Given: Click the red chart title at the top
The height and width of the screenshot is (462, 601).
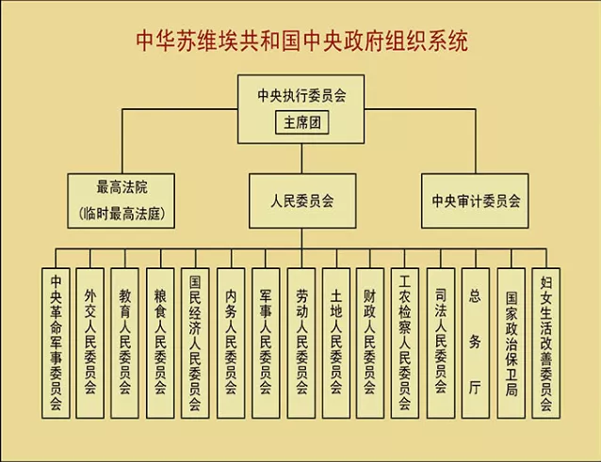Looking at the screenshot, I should [x=301, y=41].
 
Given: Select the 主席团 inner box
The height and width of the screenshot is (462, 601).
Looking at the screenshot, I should [x=301, y=123].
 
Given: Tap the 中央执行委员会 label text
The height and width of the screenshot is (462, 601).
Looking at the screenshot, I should [x=301, y=97].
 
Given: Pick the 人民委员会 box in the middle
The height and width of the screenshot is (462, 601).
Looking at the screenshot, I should [x=301, y=200].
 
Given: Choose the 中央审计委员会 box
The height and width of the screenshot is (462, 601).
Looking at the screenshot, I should [x=476, y=200].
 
